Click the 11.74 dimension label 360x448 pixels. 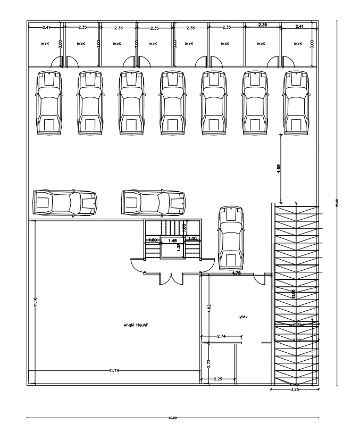[113, 370]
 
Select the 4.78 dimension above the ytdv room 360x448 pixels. [237, 273]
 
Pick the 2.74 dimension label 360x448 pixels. [222, 337]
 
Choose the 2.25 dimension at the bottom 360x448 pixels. [219, 379]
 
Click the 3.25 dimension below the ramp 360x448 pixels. [295, 390]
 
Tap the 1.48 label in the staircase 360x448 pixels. [172, 241]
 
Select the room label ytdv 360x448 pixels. [244, 317]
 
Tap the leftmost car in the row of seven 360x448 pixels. [49, 103]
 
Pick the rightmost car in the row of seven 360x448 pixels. [296, 103]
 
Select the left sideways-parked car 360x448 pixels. [65, 202]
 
